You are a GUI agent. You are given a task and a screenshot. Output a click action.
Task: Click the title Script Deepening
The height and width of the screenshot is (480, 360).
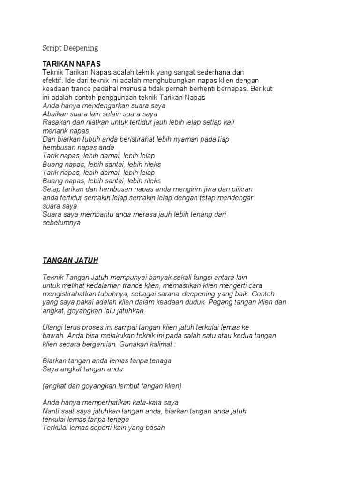pos(70,48)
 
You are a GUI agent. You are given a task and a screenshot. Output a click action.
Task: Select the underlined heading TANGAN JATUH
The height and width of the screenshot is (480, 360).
pos(70,260)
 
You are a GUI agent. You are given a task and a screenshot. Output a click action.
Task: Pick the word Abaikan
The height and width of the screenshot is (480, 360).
pos(55,114)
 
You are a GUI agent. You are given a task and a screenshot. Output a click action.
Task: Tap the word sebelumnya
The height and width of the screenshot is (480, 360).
pos(61,223)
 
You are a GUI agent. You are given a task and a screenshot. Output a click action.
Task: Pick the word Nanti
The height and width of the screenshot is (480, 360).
pos(52,411)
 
